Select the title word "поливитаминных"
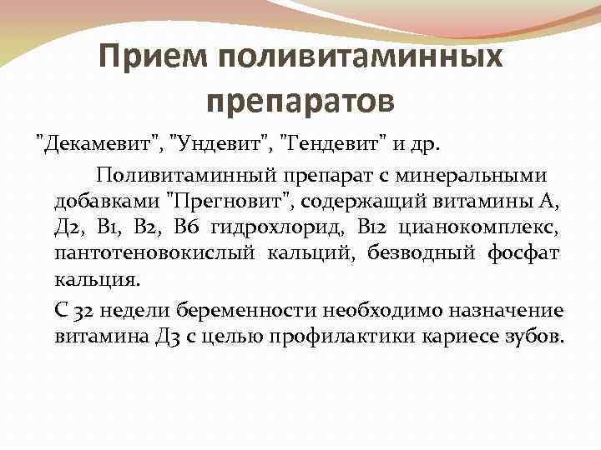tap(360, 57)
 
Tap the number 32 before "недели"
tap(84, 311)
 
